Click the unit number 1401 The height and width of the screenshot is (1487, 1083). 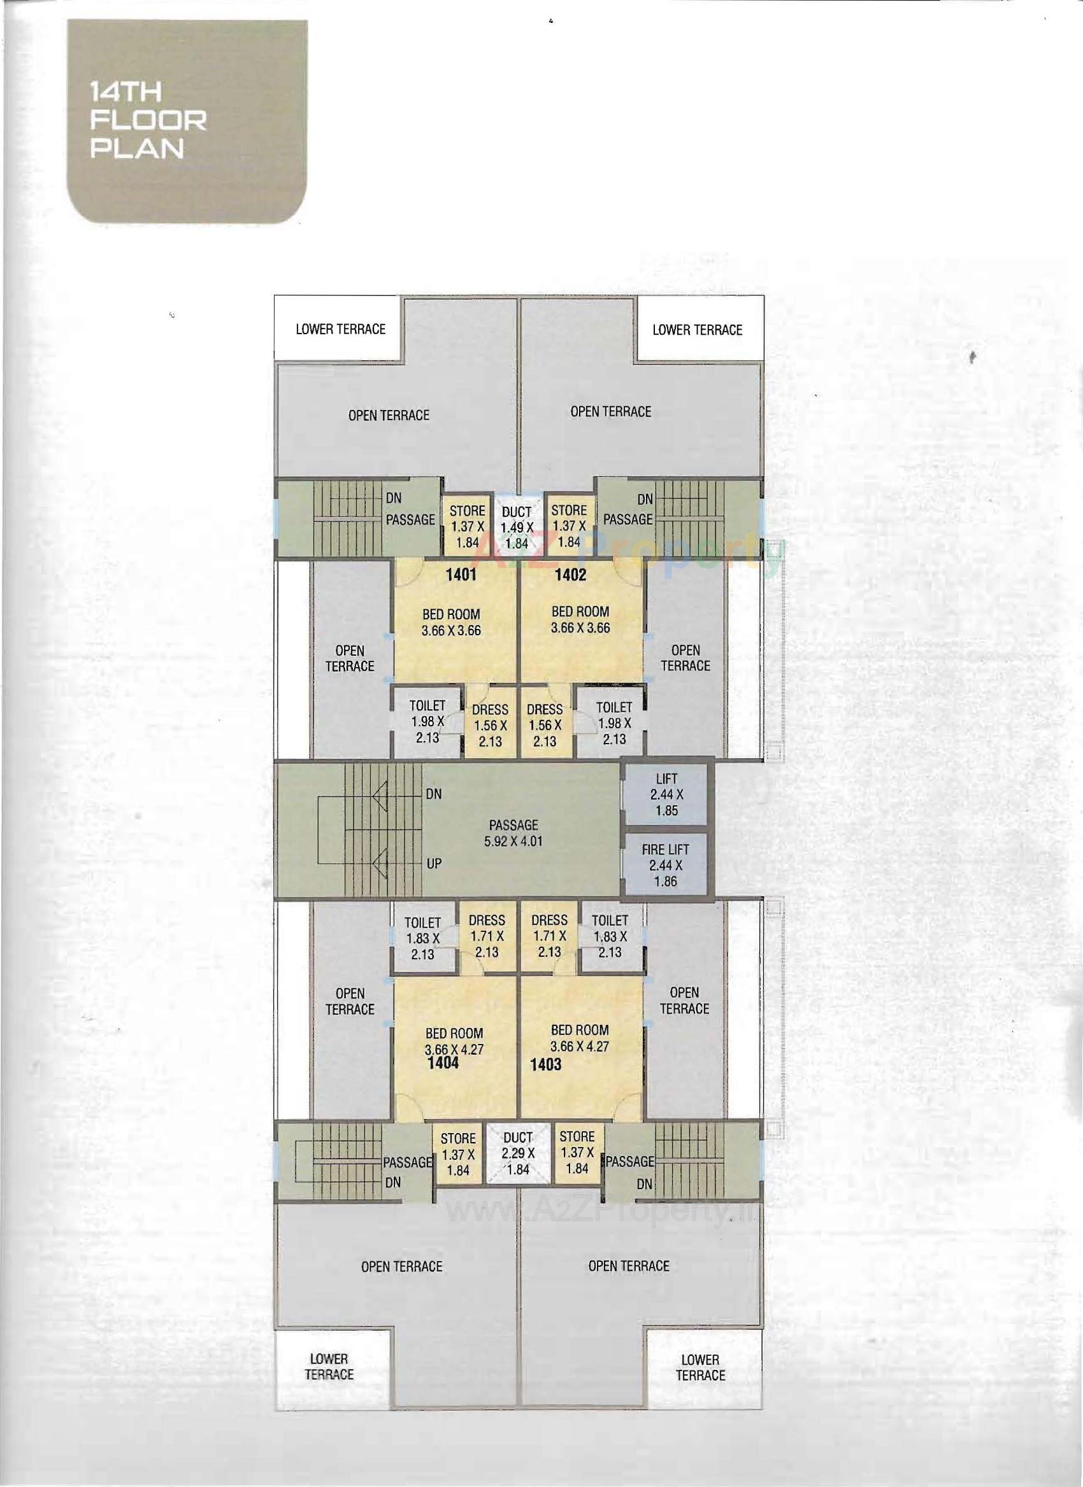(461, 575)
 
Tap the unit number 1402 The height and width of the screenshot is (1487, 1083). (570, 575)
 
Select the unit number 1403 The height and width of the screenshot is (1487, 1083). (546, 1064)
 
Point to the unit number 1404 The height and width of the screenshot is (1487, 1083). (443, 1063)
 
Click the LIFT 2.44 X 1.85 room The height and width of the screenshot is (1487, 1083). (666, 794)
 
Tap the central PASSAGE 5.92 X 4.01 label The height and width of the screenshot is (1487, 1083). (513, 833)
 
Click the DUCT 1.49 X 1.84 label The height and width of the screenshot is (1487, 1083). (517, 526)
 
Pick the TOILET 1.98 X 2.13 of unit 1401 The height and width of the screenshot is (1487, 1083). (427, 721)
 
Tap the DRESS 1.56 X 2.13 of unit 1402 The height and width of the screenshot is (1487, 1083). (545, 724)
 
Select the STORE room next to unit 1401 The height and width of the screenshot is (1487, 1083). (467, 525)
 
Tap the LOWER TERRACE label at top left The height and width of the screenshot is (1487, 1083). (340, 328)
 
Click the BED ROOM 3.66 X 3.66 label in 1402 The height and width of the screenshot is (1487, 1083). (580, 619)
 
